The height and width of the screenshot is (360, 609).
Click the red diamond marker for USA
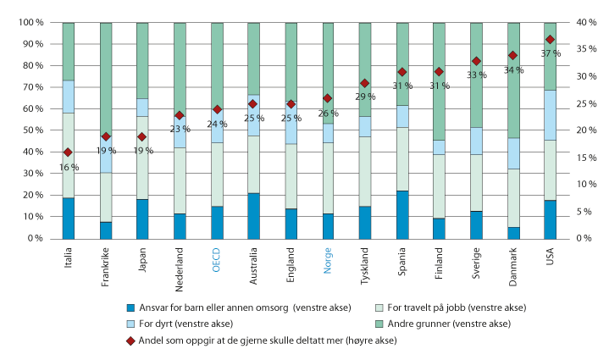550,40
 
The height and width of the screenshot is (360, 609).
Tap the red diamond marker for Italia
68,152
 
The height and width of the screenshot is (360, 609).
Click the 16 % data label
69,167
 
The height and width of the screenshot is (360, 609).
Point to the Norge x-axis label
328,255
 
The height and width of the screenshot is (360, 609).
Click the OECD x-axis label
217,256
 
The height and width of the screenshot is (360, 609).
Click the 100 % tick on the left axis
32,23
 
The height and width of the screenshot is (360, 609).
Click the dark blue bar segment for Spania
401,214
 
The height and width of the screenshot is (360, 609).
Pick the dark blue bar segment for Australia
253,216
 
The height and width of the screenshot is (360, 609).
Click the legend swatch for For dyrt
131,323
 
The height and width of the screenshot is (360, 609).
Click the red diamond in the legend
131,340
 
